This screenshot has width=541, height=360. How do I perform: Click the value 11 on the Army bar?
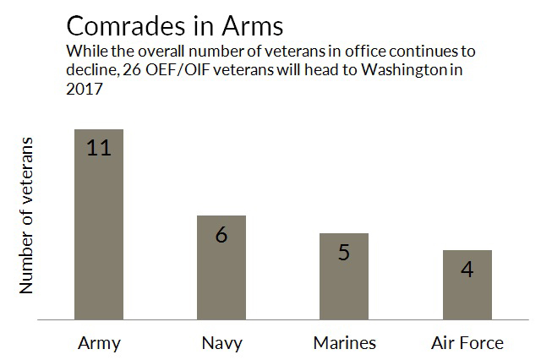[99, 148]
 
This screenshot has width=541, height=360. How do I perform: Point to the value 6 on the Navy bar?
[221, 234]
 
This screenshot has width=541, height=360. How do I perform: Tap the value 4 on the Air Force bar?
[467, 270]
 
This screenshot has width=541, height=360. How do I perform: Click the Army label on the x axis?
[99, 343]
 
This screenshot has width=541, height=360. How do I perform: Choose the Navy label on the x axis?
[221, 343]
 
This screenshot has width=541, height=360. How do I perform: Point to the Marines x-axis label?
[344, 343]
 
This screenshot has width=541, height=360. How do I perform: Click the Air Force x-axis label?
[467, 343]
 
